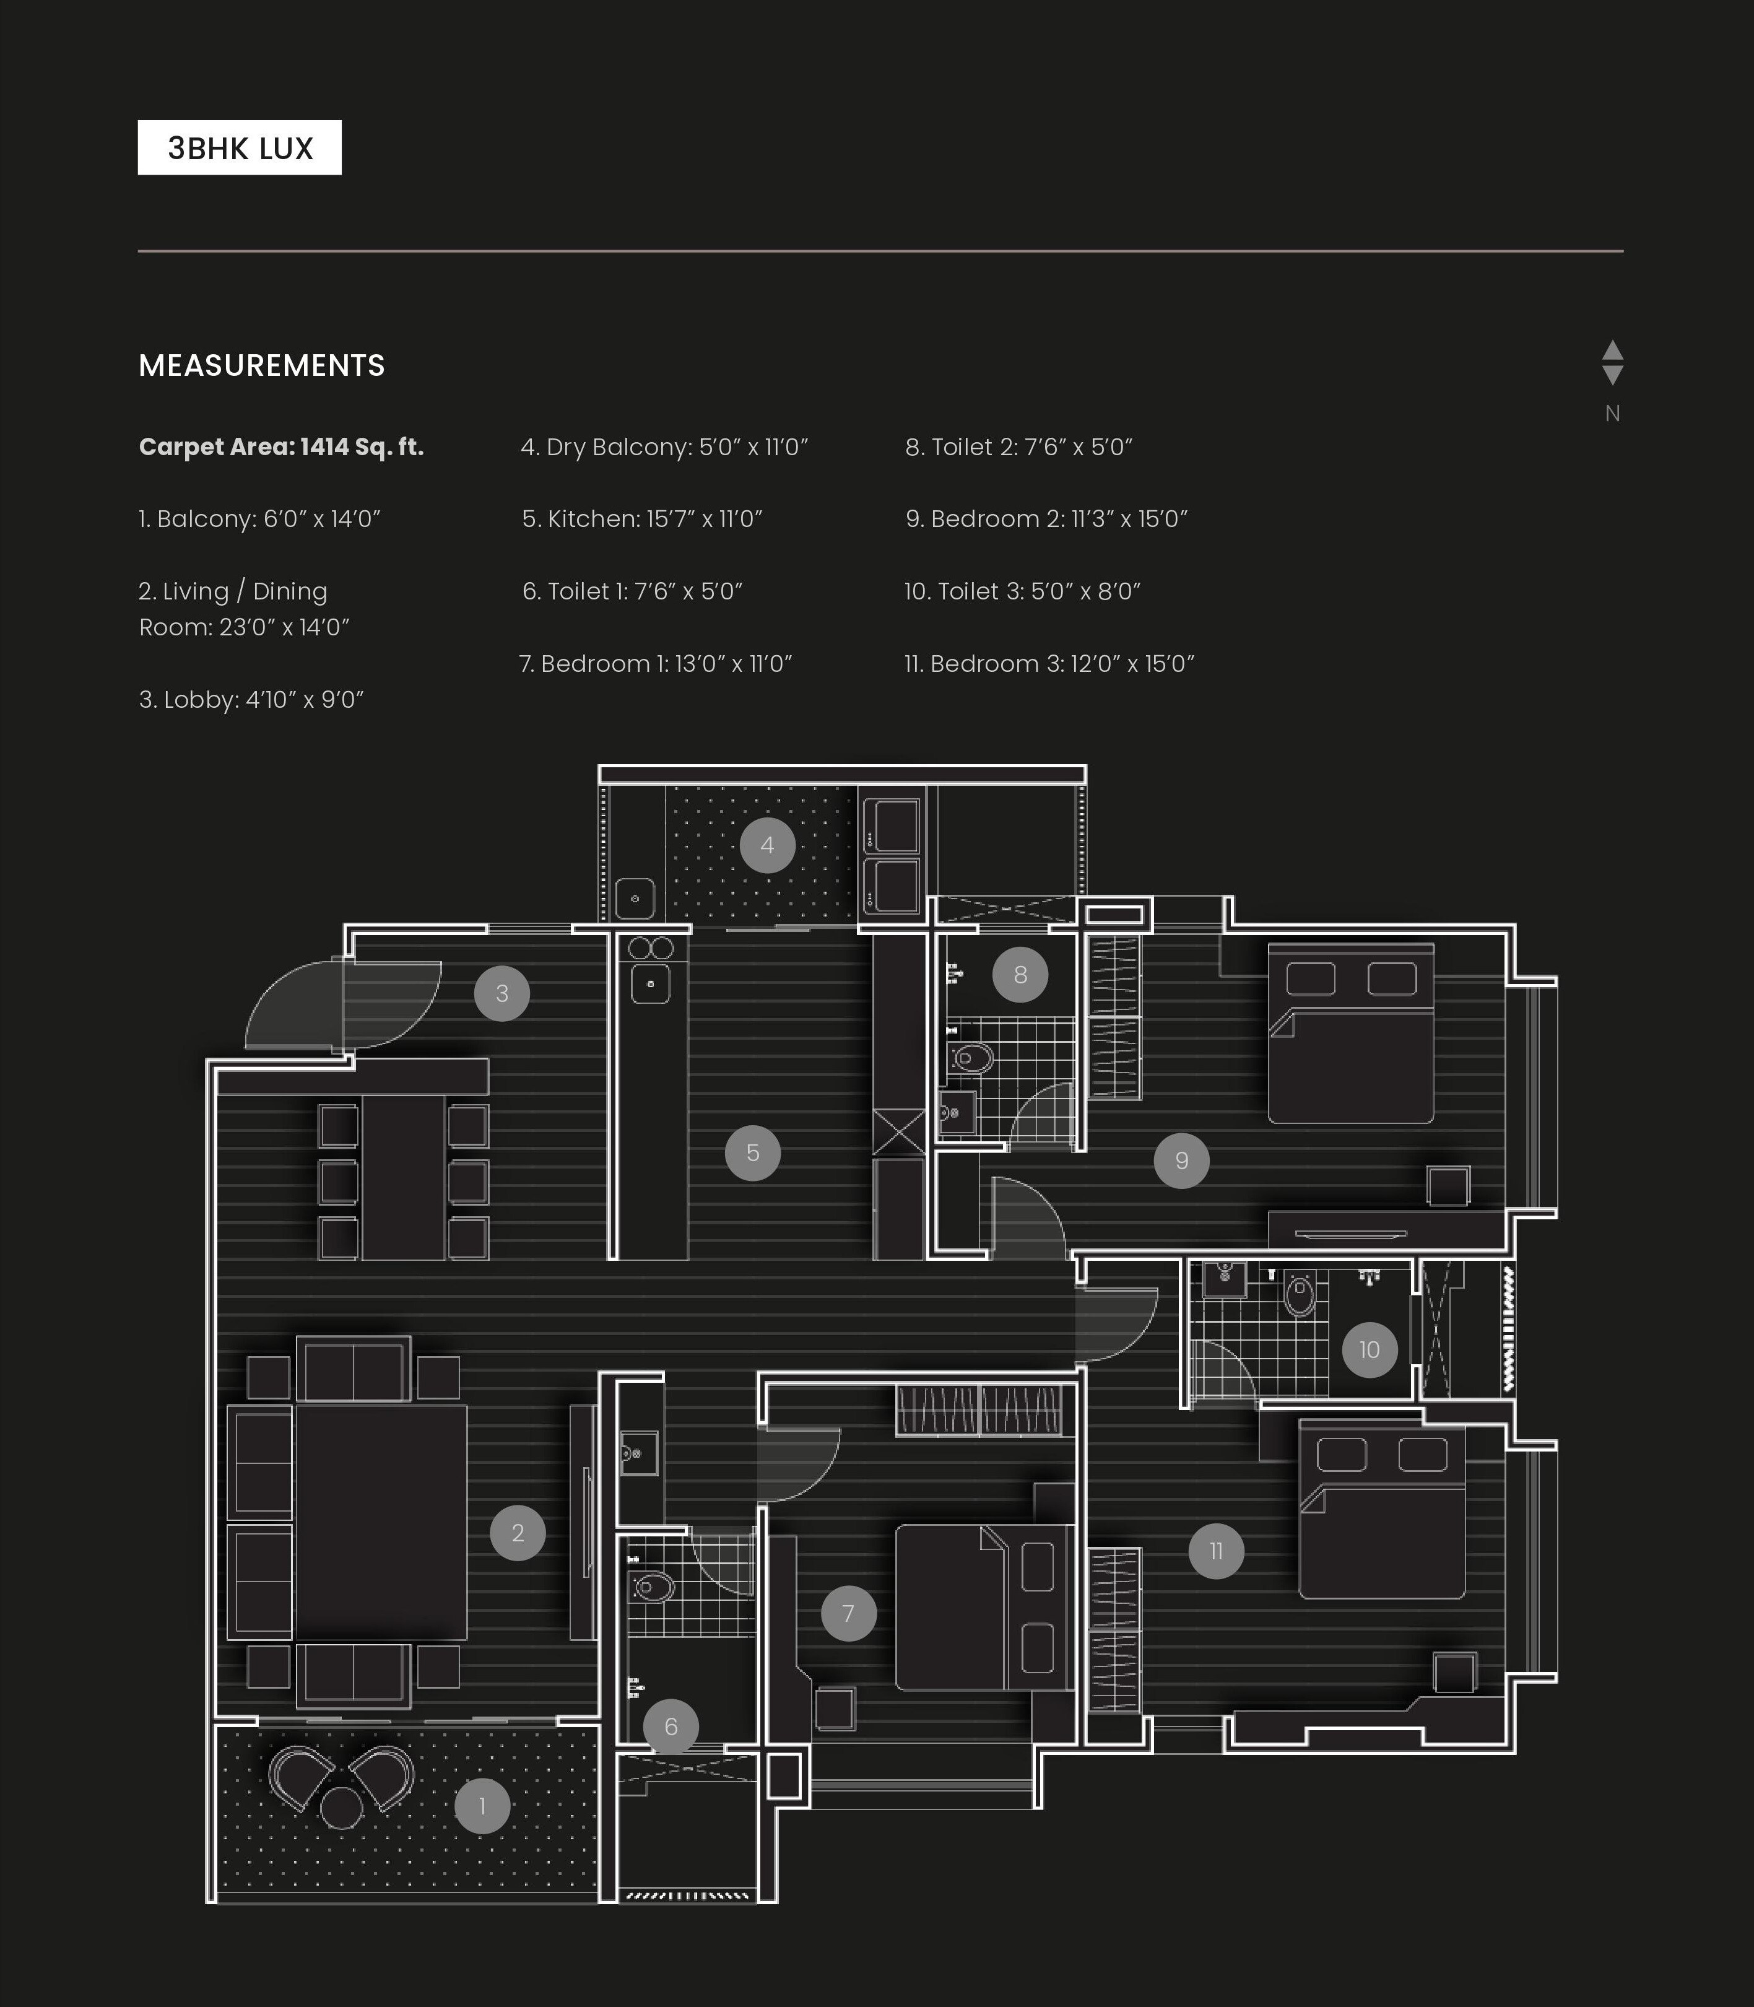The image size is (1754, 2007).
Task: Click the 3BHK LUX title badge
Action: [240, 148]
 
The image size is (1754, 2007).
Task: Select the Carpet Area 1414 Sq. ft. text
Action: [281, 448]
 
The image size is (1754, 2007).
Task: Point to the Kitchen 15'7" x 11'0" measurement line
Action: [642, 519]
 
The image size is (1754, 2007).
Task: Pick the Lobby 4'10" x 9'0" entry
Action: [251, 700]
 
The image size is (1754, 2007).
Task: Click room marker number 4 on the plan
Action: [766, 845]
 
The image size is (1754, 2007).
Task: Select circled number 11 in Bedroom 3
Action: [1215, 1551]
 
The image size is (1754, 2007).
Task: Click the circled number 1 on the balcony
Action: [482, 1805]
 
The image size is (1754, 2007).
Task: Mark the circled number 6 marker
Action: [671, 1726]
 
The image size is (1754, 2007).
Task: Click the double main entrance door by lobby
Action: [342, 1003]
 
